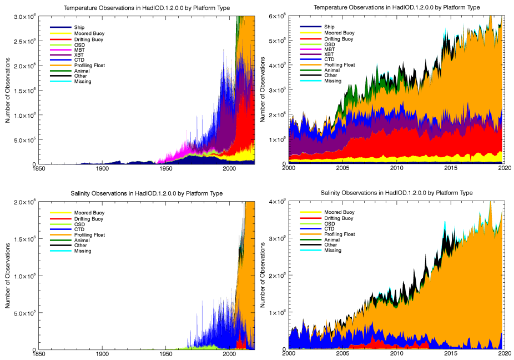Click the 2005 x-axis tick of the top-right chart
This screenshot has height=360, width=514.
click(x=342, y=168)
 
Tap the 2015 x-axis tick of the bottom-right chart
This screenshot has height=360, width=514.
click(x=451, y=354)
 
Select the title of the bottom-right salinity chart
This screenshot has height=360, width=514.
click(x=397, y=193)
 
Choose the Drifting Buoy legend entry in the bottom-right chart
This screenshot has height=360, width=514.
click(x=338, y=218)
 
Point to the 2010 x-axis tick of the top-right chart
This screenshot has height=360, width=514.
click(x=396, y=168)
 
